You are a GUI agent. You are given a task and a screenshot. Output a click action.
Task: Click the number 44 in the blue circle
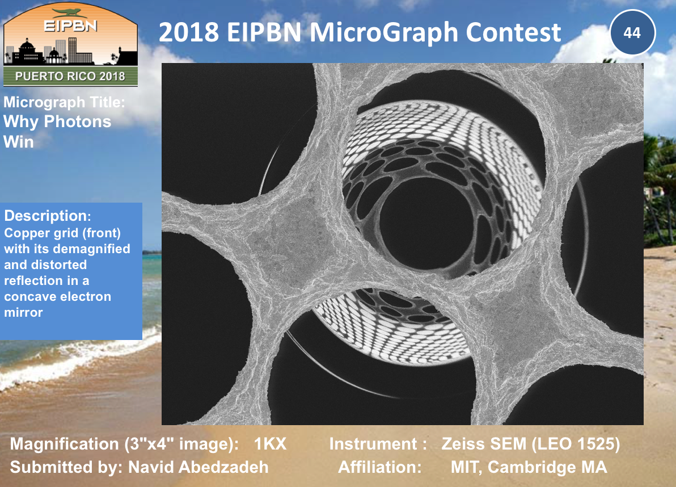pos(632,33)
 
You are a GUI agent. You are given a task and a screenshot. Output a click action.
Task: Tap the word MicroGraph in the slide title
pos(385,32)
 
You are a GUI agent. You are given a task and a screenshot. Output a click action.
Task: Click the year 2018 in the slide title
pos(188,32)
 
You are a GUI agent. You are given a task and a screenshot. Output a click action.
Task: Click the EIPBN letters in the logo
pos(70,26)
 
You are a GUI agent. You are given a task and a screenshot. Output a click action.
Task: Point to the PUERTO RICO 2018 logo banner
pos(70,77)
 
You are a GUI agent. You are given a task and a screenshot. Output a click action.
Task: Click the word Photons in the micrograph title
pos(78,121)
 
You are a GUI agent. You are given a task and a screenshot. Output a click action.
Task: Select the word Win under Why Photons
pos(19,141)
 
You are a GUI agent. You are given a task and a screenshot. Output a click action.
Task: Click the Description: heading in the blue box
pos(48,216)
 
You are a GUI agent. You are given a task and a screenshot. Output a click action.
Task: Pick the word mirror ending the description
pos(23,312)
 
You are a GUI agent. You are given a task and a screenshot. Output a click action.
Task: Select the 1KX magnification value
pos(270,444)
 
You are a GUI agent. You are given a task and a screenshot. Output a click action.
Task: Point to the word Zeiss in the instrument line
pos(462,444)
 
